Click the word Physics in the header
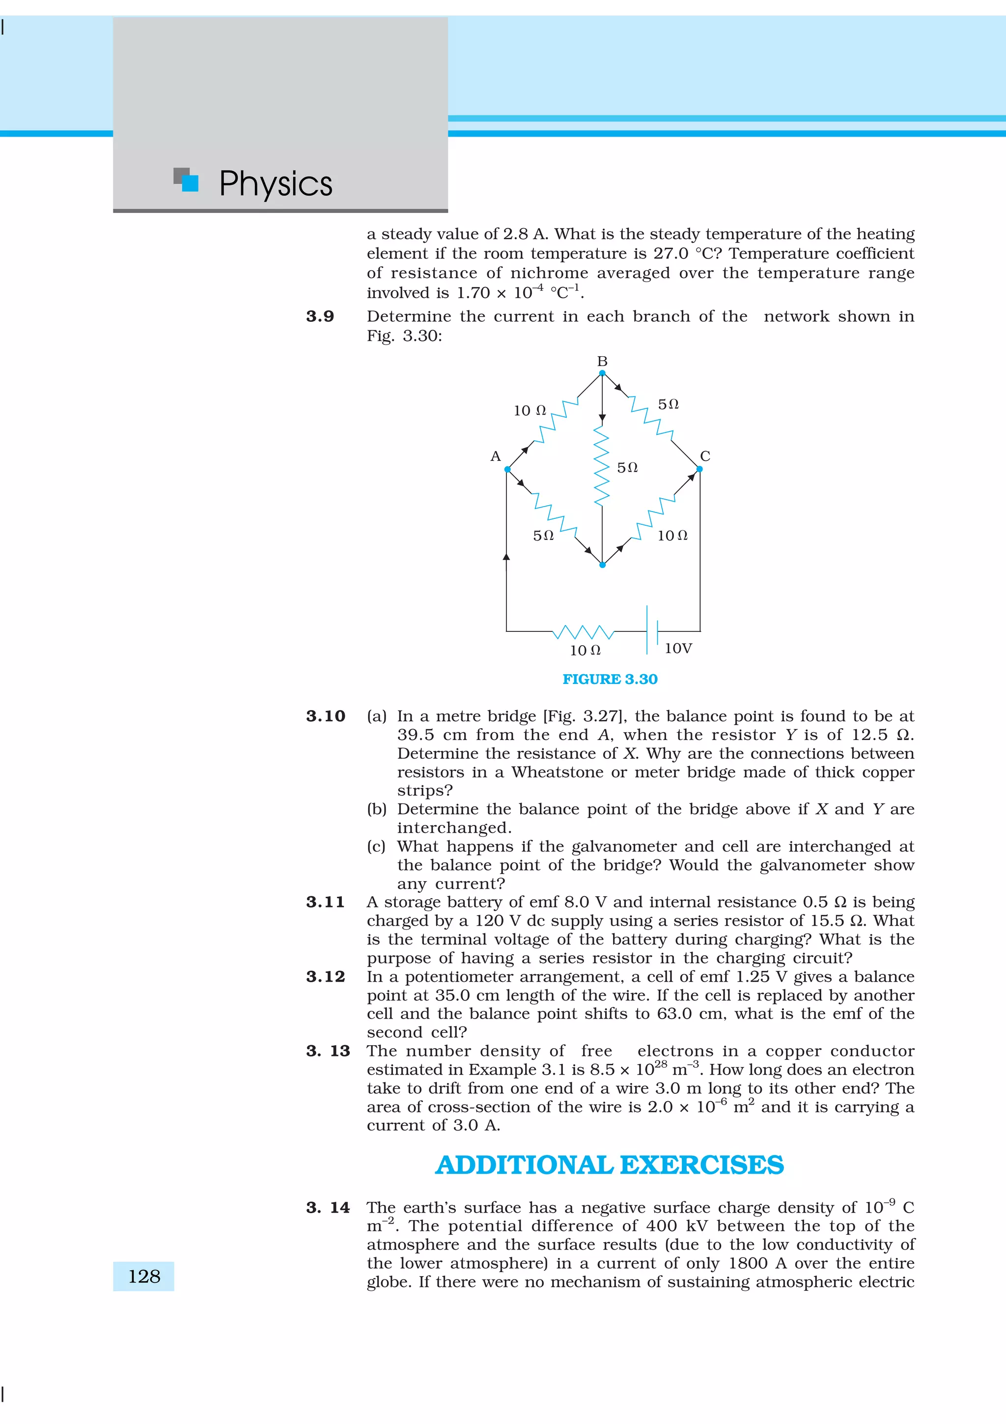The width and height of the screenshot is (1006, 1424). coord(276,184)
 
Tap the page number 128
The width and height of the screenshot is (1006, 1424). coord(144,1277)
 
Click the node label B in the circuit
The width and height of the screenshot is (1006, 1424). coord(602,361)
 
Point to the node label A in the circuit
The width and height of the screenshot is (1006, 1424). coord(495,456)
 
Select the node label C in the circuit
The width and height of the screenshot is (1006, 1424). coord(705,456)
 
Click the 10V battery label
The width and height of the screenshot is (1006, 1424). coord(678,648)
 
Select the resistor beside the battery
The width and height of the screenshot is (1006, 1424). coord(583,632)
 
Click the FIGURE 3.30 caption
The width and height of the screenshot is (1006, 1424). coord(609,679)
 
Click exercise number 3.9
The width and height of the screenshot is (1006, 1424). coord(320,316)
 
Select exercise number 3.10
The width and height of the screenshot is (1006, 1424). coord(325,716)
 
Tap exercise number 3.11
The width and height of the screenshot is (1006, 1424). coord(325,902)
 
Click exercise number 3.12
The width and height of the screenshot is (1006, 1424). coord(325,976)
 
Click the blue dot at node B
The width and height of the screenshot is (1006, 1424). coord(602,373)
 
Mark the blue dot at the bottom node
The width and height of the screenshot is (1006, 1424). coord(602,565)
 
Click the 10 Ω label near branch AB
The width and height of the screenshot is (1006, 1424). coord(530,411)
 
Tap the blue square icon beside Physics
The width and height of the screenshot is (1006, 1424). coord(190,183)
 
